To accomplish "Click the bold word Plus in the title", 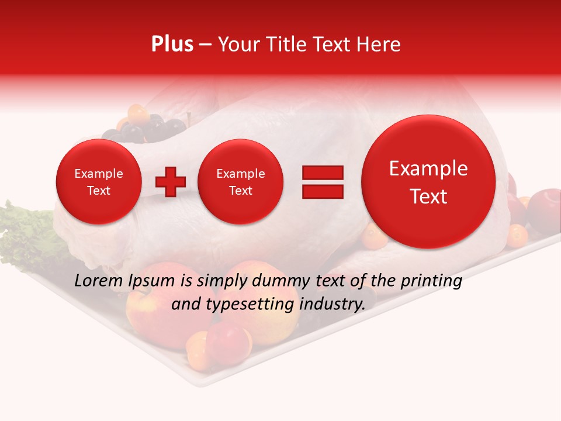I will pos(172,44).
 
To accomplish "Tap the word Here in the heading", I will pos(378,44).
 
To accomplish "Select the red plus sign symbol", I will pos(171,182).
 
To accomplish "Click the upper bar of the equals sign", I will pos(323,173).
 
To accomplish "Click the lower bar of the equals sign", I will pos(323,192).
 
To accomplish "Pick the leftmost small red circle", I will pos(98,182).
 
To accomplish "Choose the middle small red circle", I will pos(240,182).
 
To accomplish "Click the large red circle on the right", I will pos(428,182).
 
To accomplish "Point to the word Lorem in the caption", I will pos(99,281).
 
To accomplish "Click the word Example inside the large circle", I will pos(428,168).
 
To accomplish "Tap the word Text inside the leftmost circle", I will pos(98,191).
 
